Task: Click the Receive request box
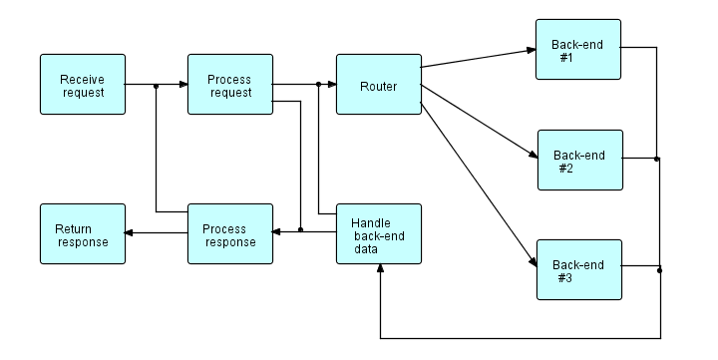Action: click(83, 85)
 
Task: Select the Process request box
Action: click(230, 85)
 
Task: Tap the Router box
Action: click(378, 85)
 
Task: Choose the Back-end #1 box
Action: click(577, 50)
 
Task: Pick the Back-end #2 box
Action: click(579, 160)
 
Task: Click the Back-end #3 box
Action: click(578, 269)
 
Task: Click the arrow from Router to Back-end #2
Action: click(479, 122)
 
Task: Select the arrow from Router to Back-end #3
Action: click(479, 180)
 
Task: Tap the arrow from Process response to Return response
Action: click(157, 233)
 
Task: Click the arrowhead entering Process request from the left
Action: click(182, 85)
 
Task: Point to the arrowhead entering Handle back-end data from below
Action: click(380, 270)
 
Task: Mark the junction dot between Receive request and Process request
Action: click(157, 85)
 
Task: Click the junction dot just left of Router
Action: click(318, 85)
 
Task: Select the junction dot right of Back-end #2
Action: click(656, 159)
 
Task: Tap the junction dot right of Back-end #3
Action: click(659, 269)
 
